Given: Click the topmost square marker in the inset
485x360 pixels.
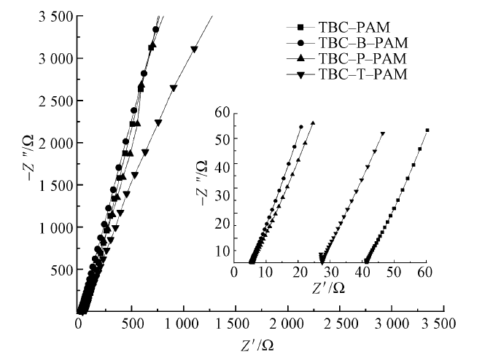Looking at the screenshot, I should [x=427, y=130].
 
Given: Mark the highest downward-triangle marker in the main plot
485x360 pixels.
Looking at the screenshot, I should [x=194, y=49].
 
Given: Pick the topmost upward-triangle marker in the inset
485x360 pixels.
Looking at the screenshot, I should [x=312, y=123].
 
